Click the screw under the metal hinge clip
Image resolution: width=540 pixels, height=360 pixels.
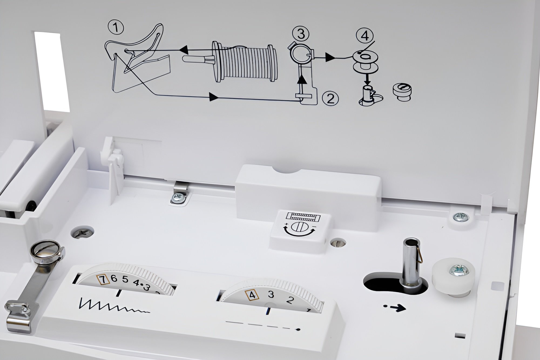(179, 197)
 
